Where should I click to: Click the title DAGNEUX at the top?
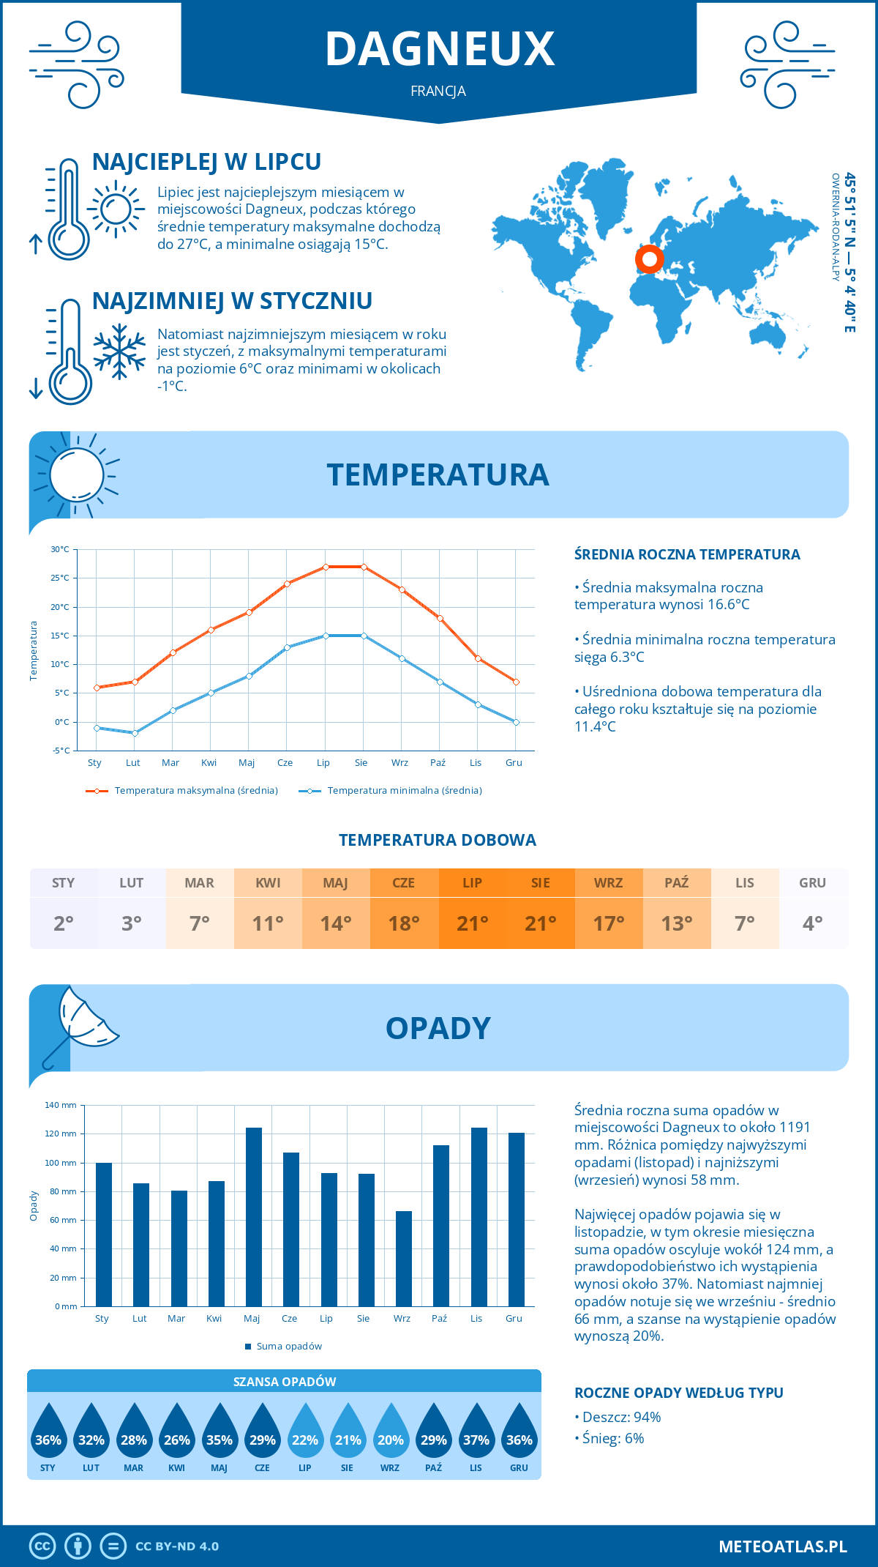point(440,49)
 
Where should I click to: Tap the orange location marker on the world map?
point(649,258)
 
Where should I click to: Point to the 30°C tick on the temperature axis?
point(60,549)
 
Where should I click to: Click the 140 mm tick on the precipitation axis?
point(61,1105)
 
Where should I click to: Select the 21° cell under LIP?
point(472,923)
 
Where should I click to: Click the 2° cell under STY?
point(64,923)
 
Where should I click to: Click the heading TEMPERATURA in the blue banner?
point(438,474)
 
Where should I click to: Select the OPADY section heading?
point(438,1028)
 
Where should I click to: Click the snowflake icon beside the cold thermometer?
point(119,351)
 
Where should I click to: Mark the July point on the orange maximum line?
point(326,567)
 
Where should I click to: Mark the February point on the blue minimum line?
point(135,733)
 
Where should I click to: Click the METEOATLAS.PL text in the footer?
point(783,1546)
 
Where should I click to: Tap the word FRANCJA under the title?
point(438,92)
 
